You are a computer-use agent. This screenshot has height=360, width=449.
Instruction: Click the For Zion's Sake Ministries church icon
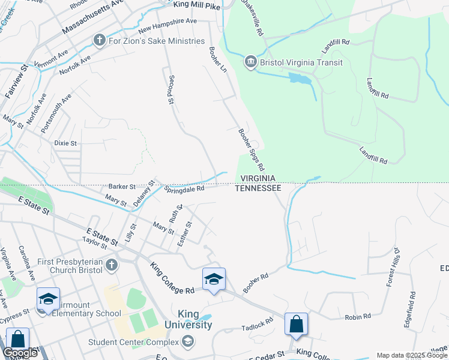point(100,41)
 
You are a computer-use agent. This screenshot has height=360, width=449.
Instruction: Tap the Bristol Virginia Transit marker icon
point(250,62)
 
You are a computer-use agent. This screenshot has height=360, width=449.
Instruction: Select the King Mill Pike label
point(197,5)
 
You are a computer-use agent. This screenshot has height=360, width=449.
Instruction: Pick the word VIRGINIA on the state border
point(258,178)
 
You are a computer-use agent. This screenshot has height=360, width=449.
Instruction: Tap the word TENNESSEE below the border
point(258,188)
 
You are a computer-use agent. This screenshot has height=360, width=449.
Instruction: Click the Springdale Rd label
point(185,188)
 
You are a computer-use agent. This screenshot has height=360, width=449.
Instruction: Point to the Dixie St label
point(65,143)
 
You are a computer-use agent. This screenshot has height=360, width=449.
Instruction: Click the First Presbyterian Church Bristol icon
point(112,265)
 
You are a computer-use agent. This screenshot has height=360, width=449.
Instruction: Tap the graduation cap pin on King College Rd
point(214,279)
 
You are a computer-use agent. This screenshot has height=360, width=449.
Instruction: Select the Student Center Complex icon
point(188,342)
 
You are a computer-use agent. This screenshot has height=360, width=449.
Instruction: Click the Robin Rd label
point(358,316)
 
